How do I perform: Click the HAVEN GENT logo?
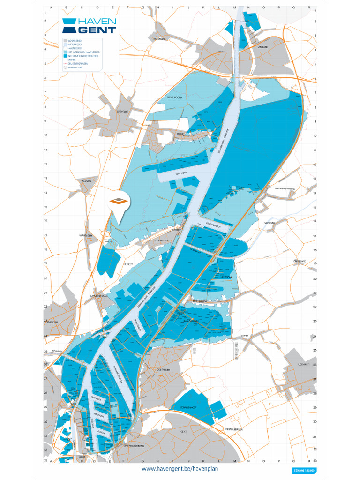89,26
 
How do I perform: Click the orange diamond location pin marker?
119,202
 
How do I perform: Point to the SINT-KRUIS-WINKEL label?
285,188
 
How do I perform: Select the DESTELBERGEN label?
234,429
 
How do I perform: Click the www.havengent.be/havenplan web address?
180,468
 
